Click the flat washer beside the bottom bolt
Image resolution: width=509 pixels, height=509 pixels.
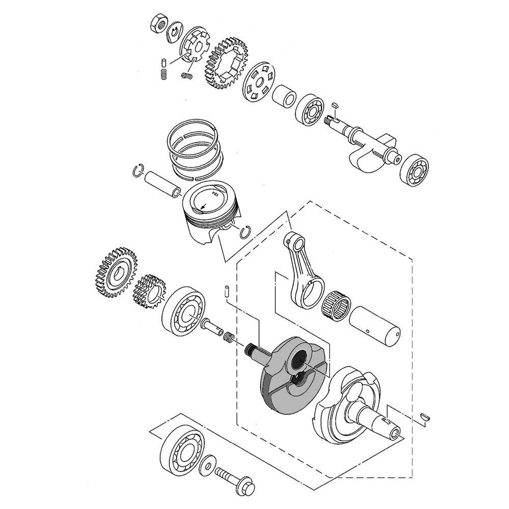click(x=207, y=464)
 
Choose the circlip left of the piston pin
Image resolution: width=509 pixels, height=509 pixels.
click(x=138, y=171)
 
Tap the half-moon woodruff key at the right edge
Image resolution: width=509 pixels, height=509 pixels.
click(x=426, y=416)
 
